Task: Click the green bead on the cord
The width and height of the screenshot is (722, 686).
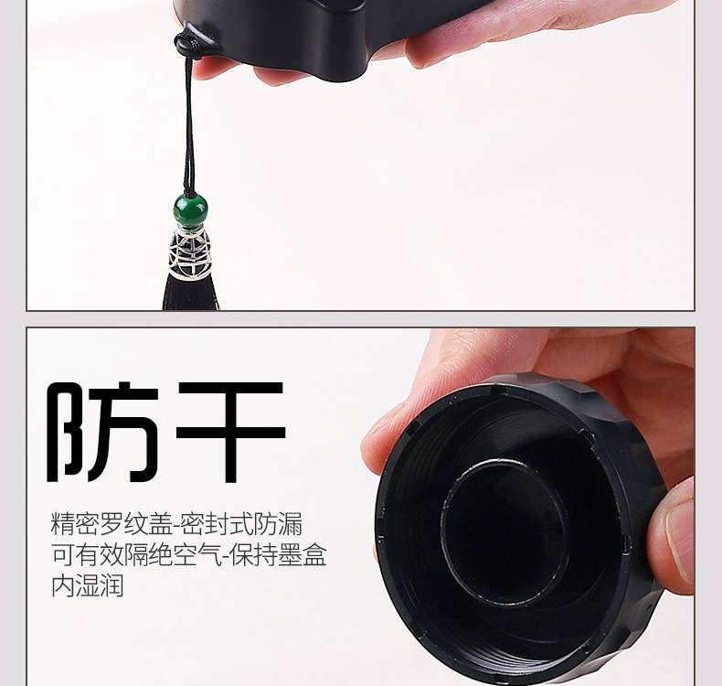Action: (190, 209)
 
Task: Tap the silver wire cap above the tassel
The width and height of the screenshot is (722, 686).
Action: (189, 252)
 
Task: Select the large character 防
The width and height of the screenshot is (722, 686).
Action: (103, 432)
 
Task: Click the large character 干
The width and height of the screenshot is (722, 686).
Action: (230, 432)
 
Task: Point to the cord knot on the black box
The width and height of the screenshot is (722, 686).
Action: (188, 45)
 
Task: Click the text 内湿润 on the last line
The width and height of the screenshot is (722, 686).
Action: (88, 585)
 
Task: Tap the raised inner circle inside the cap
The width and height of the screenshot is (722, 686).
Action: (503, 532)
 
